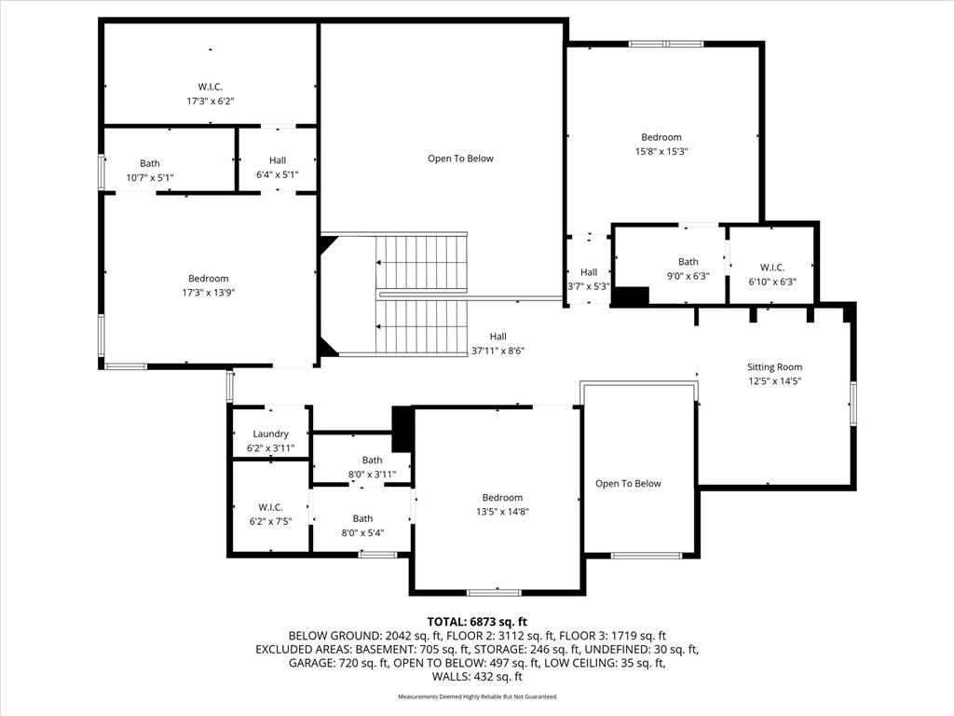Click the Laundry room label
[271, 434]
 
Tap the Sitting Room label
[774, 366]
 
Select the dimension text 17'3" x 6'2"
[211, 101]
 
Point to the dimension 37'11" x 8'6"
[498, 351]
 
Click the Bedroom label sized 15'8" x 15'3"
[661, 137]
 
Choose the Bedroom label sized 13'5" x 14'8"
[502, 498]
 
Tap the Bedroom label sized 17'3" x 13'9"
[208, 278]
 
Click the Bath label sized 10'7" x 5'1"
[150, 163]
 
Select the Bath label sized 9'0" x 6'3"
[688, 262]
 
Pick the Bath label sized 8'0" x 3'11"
[373, 461]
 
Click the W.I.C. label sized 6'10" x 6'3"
[772, 268]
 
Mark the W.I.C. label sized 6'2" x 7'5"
[271, 507]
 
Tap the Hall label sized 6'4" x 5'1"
[278, 160]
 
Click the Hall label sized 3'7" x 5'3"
[589, 272]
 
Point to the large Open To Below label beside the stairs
[460, 158]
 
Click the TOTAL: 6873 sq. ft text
[477, 622]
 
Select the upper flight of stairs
[421, 262]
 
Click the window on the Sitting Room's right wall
[853, 403]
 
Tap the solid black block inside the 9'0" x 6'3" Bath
[631, 296]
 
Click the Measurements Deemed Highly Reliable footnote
[477, 696]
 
